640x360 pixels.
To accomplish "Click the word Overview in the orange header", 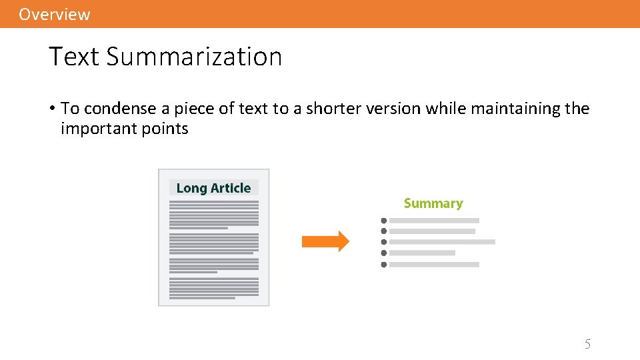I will pos(54,14).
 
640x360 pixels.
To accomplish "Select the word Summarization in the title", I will pos(194,57).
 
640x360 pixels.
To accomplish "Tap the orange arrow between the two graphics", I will pos(325,241).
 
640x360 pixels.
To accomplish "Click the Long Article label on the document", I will pos(213,188).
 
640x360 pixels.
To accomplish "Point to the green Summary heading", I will pos(433,203).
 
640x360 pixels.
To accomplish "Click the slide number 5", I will pos(587,344).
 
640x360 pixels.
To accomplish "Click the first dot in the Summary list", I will pos(383,220).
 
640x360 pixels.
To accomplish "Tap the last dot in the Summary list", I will pos(383,265).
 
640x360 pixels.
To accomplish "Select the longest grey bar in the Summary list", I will pos(442,242).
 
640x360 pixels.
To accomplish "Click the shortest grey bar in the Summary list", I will pos(422,253).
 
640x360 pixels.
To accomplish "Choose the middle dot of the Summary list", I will pos(383,242).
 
